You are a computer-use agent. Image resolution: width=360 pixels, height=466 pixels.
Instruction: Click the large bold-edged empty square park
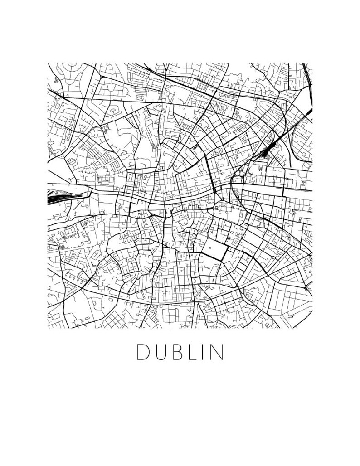pyautogui.click(x=214, y=250)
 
